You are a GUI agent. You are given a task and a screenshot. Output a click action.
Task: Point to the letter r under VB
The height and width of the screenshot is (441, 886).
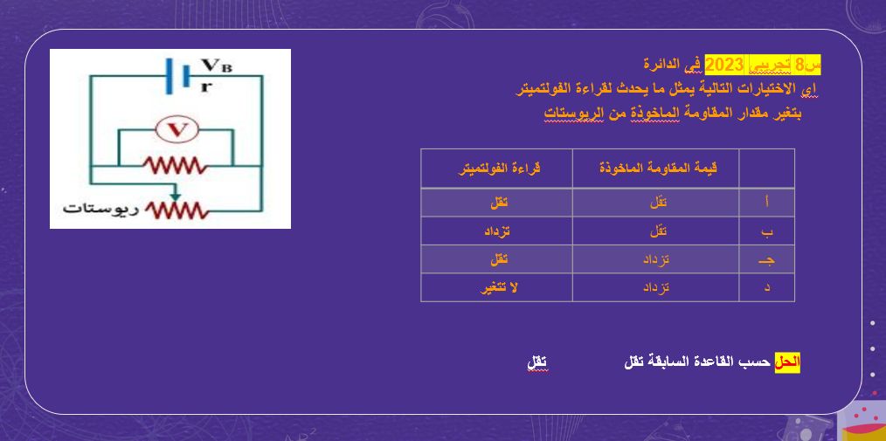205,84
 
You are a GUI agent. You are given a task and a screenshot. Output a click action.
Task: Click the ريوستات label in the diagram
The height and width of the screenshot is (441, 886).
95,210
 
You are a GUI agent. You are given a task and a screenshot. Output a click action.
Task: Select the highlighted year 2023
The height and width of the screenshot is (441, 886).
723,65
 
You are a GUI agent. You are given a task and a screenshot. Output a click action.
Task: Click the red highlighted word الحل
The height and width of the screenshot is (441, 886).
787,362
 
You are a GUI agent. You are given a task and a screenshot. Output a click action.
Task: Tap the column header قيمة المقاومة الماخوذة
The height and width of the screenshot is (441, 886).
656,169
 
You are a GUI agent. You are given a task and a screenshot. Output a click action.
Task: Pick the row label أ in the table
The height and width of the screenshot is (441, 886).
766,203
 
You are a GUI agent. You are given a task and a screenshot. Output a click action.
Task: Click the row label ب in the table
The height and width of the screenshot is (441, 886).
766,231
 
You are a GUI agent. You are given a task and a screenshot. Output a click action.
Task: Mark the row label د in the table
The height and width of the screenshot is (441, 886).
766,287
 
